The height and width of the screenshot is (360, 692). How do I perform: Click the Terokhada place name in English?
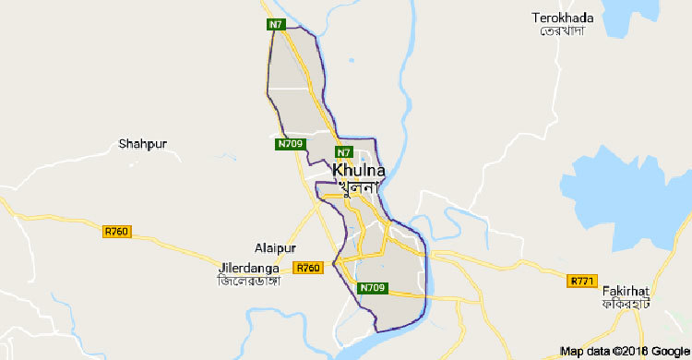click(x=563, y=18)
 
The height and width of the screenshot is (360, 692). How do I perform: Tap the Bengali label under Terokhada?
click(x=563, y=31)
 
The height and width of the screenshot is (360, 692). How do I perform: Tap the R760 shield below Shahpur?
click(x=116, y=231)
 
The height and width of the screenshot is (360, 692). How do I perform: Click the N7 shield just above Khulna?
click(x=343, y=151)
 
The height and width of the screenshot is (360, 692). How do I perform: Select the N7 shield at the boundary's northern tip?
click(x=276, y=24)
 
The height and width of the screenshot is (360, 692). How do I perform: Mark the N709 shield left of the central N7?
click(x=290, y=144)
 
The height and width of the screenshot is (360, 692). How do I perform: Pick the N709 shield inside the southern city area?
click(x=373, y=288)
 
